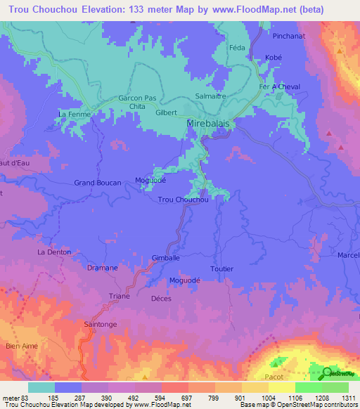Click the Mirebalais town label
click(210, 122)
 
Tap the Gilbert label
click(166, 112)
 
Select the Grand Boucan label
click(98, 183)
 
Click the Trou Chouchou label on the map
click(184, 200)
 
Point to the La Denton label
click(54, 252)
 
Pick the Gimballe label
click(166, 259)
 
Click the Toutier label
click(221, 269)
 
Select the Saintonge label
click(99, 325)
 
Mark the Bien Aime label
click(19, 346)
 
